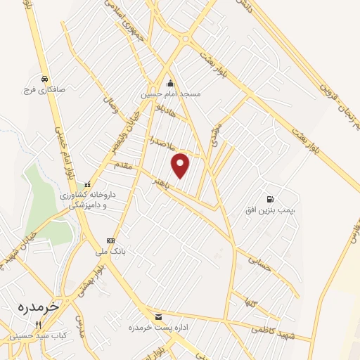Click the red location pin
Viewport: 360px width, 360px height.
point(181,165)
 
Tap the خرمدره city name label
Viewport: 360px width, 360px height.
point(41,307)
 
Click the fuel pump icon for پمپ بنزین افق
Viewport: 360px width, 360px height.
point(271,198)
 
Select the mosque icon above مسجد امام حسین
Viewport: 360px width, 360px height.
point(171,84)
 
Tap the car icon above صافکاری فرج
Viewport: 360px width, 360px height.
point(44,79)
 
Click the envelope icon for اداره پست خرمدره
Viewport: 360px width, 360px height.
point(157,317)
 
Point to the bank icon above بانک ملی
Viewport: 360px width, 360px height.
point(110,240)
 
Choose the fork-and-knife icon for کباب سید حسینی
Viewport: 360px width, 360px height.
point(39,326)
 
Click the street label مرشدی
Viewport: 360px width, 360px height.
point(215,136)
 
